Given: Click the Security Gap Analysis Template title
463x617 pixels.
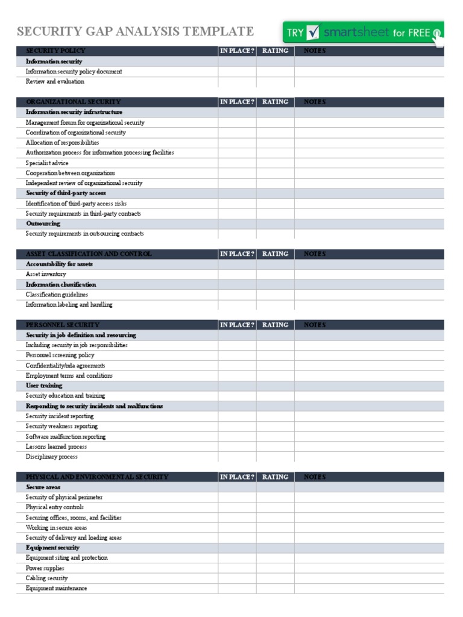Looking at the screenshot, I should [135, 31].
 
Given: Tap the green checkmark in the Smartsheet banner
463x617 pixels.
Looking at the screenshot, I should [312, 33].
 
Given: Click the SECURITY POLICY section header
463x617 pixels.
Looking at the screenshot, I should [55, 51].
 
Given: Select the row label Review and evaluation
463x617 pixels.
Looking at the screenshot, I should [55, 81].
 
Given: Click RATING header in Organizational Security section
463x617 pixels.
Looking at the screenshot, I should [275, 102].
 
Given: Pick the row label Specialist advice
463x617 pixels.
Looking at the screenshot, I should [47, 163].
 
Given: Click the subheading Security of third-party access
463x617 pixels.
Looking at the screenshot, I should [66, 193].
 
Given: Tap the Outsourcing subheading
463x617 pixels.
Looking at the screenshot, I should [43, 224].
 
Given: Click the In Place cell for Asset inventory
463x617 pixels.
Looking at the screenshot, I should [237, 274].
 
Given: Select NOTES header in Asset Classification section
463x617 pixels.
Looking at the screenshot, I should [314, 254].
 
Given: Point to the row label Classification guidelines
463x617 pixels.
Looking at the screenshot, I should [57, 295].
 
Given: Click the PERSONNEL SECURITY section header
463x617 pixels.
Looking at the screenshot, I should [63, 325].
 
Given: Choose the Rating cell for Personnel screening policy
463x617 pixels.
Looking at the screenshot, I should [275, 355].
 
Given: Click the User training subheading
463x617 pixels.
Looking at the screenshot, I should [44, 386].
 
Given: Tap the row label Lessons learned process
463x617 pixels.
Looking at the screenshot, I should [56, 446].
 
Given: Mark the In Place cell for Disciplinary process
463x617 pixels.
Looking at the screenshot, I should [237, 457].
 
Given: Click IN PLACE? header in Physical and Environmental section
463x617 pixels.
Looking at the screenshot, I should [237, 477].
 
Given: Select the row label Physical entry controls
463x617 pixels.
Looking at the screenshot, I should [55, 507].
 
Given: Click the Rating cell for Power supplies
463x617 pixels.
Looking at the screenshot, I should [275, 568].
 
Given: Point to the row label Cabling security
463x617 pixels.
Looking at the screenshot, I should [46, 578].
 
